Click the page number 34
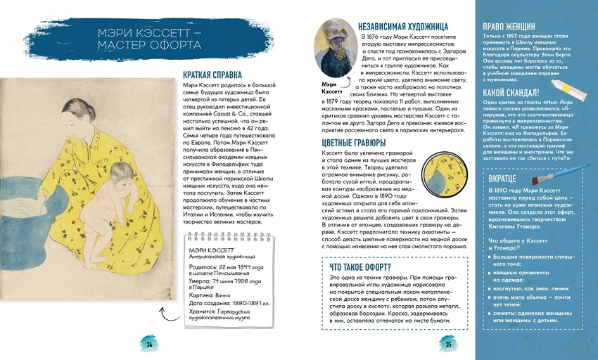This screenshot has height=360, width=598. [x=149, y=344]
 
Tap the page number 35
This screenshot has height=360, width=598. [x=448, y=344]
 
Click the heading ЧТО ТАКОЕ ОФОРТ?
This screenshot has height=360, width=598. [x=361, y=266]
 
